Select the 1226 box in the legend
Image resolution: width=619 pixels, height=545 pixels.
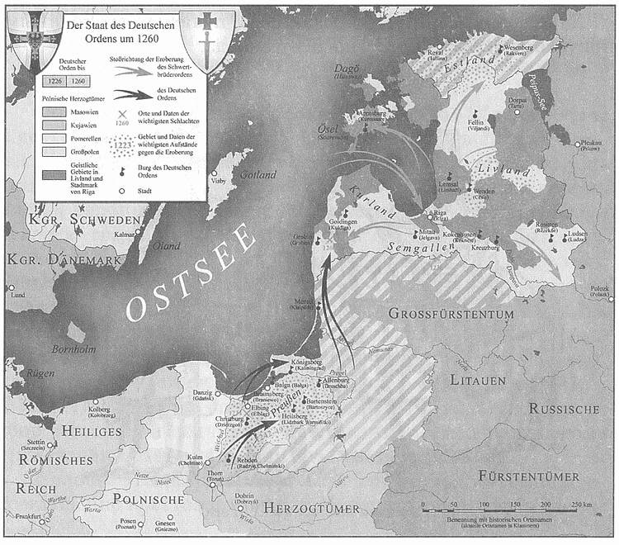pos(56,82)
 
